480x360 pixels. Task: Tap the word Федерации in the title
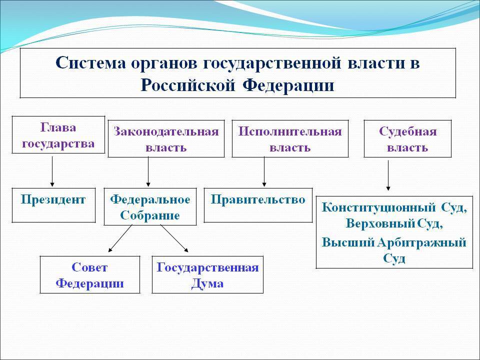[288, 84]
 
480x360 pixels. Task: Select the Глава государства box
[58, 135]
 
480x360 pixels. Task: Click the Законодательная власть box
[166, 139]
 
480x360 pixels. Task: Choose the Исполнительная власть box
[290, 139]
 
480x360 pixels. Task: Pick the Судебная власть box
[407, 139]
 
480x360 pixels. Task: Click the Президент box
[53, 204]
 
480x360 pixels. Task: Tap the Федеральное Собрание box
[150, 207]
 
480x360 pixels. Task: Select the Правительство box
[258, 204]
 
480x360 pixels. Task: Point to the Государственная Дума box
[207, 274]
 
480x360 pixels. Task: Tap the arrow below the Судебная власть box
[388, 175]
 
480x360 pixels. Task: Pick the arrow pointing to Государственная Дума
[174, 238]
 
